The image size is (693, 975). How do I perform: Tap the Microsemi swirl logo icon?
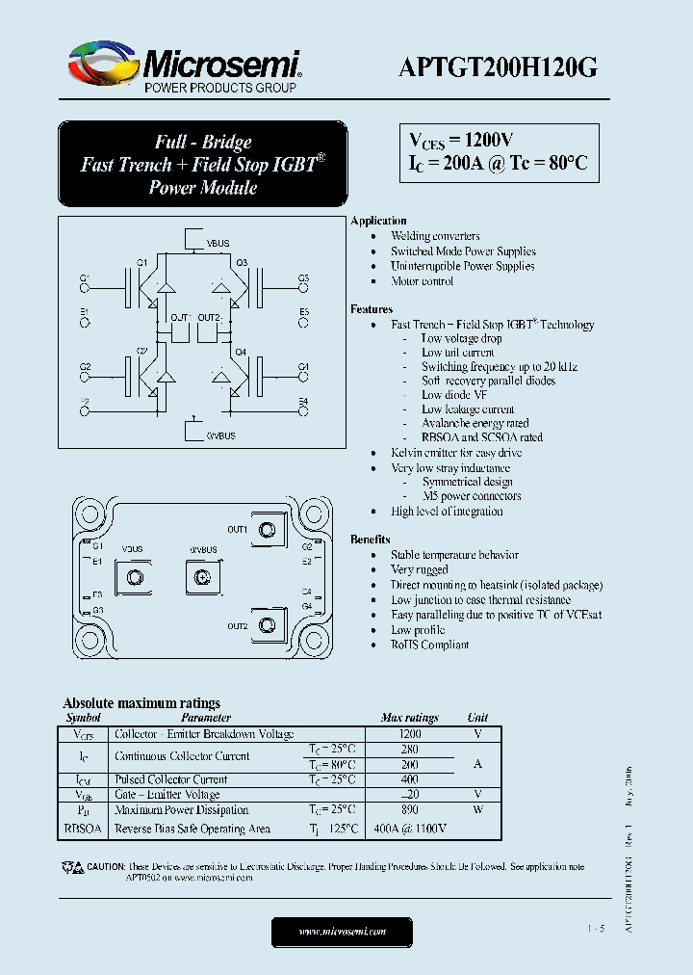pos(101,64)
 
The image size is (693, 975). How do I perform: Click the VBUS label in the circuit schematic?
pos(218,244)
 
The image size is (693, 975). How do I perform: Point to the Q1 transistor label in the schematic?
pos(141,262)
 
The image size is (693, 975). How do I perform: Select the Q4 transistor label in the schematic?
pos(241,352)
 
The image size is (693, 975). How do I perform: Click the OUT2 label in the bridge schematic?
pos(210,317)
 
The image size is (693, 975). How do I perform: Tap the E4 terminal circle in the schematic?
pos(303,412)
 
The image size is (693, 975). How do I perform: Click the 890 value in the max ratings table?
pos(409,810)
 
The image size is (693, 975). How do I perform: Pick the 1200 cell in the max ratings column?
pos(409,734)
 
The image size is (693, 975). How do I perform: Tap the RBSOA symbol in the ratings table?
pos(83,829)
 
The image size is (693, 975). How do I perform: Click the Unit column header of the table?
pos(477,718)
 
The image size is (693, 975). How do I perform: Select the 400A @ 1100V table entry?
pos(409,829)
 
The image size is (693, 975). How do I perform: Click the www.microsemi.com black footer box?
pos(342,932)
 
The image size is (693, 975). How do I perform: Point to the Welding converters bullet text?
pos(435,236)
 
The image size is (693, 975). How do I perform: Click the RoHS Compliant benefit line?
pos(429,645)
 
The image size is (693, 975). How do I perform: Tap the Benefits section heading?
pos(371,540)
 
